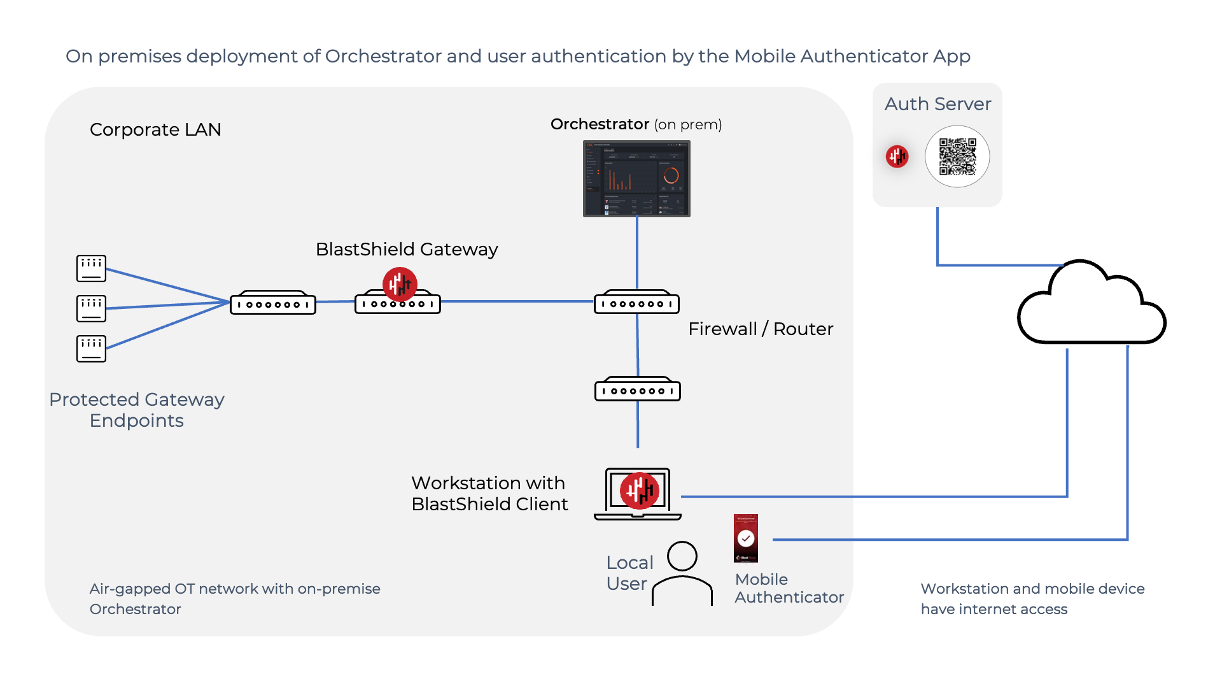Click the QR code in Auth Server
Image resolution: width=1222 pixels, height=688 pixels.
click(x=957, y=157)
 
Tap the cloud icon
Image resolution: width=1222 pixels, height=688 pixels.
click(x=1091, y=306)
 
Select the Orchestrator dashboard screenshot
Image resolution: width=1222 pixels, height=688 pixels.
click(x=636, y=178)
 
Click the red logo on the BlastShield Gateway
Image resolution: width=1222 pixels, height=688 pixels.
click(x=400, y=283)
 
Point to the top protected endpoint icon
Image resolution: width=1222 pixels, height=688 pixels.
click(x=91, y=268)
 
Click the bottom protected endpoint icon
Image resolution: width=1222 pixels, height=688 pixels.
click(x=91, y=348)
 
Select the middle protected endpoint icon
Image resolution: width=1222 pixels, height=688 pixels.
click(x=91, y=308)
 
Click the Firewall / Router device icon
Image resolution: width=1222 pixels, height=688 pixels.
click(x=636, y=303)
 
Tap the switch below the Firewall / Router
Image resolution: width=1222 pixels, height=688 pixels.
click(x=637, y=389)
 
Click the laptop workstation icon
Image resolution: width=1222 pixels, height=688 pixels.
click(x=638, y=494)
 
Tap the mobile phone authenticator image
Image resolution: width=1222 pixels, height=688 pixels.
click(x=746, y=538)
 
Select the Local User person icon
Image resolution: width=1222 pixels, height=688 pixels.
click(x=682, y=573)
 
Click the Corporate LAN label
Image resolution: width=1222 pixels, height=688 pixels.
click(x=155, y=129)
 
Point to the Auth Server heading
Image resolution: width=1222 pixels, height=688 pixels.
click(x=938, y=104)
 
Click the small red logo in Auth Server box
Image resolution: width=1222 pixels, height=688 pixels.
click(x=897, y=156)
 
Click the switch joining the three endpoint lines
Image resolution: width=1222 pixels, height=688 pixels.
click(x=272, y=303)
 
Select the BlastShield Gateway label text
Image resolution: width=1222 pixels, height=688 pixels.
click(x=407, y=249)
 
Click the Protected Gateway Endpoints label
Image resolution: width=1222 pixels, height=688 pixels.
click(x=137, y=410)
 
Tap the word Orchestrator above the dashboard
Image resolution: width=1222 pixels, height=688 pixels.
click(x=600, y=124)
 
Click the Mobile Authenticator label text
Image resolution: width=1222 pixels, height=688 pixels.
click(x=789, y=588)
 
